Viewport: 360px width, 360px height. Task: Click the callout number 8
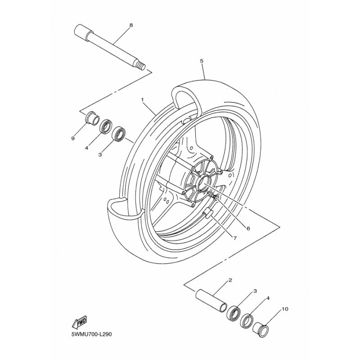131,25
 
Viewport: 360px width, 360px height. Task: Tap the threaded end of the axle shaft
141,67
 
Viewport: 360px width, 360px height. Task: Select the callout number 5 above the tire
201,61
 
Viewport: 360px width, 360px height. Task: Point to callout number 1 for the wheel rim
142,99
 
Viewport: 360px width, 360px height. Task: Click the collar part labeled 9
92,118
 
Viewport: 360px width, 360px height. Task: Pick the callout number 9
73,139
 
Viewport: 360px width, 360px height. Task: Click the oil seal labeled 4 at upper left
106,126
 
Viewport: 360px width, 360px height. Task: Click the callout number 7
235,238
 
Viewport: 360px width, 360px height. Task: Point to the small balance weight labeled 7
207,212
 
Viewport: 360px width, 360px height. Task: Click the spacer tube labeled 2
211,301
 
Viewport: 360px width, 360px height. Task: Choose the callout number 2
230,280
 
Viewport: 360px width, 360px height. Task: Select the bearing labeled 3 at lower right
234,313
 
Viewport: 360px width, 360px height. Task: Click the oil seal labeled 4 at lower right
247,321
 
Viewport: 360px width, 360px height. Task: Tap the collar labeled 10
261,330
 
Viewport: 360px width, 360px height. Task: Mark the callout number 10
285,309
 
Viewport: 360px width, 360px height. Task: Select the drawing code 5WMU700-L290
92,334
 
